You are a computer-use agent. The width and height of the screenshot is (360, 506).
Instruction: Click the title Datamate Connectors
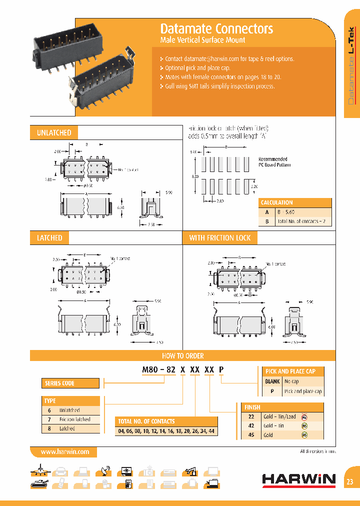point(216,28)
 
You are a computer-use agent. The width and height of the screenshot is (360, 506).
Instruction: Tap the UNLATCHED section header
point(54,132)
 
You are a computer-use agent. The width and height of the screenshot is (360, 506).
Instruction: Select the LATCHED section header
point(49,238)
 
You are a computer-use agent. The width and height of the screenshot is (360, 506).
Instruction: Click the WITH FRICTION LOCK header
point(219,238)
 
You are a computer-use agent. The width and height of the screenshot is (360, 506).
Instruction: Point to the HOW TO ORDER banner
point(182,355)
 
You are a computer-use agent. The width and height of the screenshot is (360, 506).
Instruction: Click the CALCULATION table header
point(276,202)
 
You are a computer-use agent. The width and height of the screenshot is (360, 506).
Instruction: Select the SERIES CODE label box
point(59,383)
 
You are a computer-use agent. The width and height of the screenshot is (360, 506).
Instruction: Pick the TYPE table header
point(50,401)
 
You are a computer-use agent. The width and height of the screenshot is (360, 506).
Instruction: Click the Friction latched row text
point(74,419)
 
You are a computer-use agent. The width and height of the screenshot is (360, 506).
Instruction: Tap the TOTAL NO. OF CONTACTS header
point(145,421)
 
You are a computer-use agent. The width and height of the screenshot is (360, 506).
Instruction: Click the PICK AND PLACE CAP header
point(290,371)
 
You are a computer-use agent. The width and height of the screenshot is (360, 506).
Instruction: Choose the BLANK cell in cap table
point(271,381)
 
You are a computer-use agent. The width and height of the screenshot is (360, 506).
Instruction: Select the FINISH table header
point(252,407)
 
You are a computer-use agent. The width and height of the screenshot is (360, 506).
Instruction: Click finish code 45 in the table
point(251,435)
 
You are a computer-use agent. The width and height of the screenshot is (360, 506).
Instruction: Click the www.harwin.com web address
point(64,451)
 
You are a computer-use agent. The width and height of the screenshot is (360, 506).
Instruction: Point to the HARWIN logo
point(298,480)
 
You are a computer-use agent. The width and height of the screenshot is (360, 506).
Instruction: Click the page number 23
point(349,482)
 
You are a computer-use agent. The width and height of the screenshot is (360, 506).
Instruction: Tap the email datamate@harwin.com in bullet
point(210,58)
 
